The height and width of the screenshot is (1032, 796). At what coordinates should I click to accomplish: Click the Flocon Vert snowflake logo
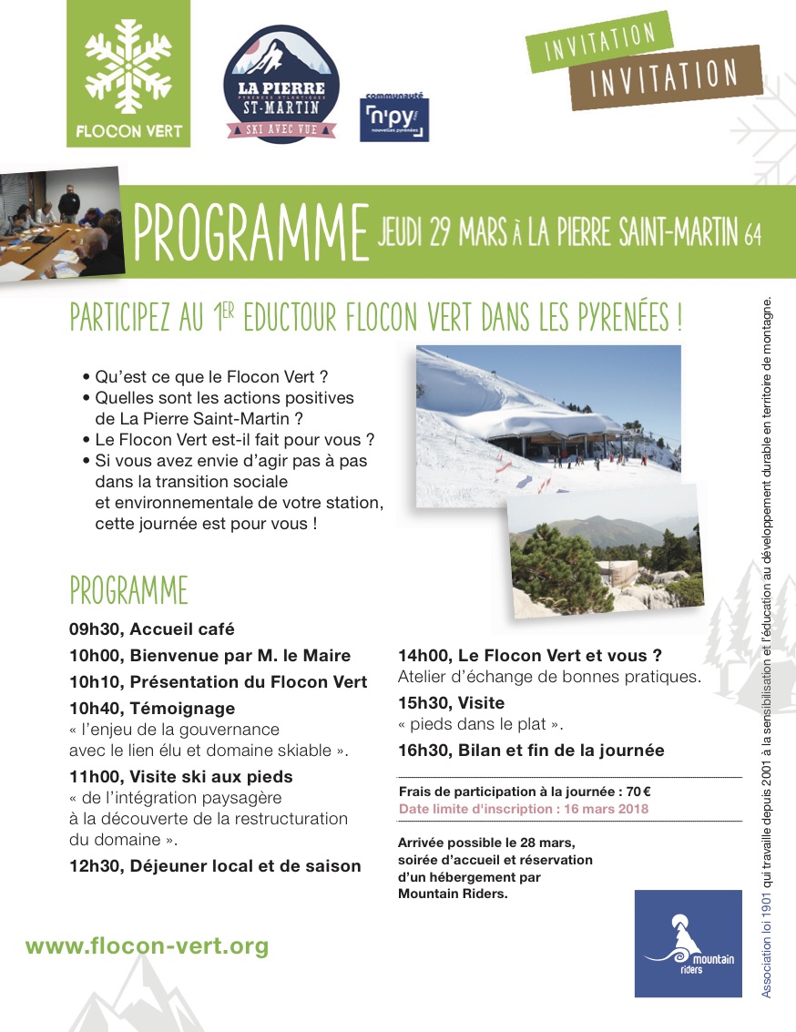128,73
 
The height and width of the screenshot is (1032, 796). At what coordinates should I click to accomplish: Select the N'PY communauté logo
395,118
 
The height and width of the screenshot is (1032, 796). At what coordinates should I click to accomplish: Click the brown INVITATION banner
664,77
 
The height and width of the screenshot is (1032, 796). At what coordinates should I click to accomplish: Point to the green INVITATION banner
600,42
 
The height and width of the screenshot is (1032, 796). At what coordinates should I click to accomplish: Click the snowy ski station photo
547,425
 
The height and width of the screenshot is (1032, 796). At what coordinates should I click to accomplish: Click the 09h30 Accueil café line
151,629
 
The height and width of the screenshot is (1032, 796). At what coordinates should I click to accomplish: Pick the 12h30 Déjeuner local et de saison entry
215,866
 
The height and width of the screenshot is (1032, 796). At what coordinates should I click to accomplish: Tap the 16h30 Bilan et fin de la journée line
531,751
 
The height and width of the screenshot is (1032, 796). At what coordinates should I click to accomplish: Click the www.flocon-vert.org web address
147,946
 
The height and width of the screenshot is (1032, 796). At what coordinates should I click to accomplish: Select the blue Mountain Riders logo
688,943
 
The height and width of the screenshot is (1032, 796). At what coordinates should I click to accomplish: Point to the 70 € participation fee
638,792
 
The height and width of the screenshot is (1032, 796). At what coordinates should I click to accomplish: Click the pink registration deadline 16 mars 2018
524,808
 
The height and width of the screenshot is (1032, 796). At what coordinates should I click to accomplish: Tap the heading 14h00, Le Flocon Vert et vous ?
529,655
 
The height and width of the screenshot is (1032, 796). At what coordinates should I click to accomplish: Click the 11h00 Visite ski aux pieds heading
181,777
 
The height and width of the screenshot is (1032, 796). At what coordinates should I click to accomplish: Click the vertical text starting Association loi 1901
768,647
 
